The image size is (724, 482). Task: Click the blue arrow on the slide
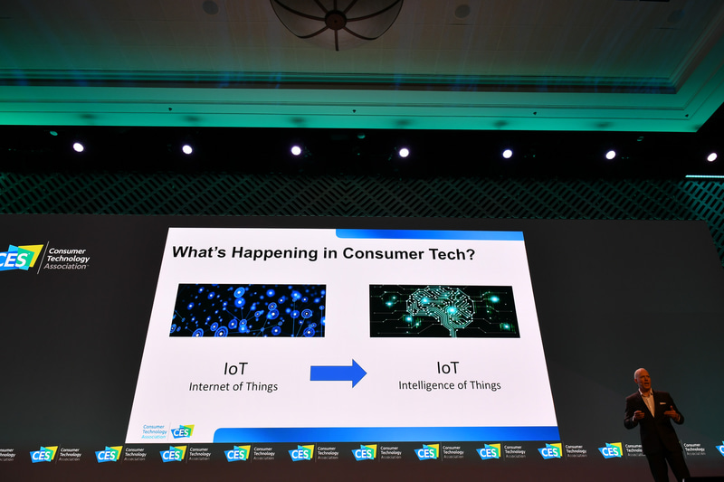click(338, 373)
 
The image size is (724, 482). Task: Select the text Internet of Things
click(234, 386)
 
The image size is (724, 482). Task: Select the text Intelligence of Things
click(449, 385)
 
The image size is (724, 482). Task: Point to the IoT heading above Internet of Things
click(235, 369)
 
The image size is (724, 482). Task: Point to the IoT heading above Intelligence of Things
click(448, 368)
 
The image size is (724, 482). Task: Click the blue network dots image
click(247, 310)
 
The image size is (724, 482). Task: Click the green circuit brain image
click(444, 311)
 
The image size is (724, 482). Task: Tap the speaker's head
click(642, 377)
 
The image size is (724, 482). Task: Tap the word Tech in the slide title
click(444, 254)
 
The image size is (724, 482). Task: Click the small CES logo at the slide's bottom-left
click(182, 430)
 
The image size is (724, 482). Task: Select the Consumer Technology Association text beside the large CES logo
click(68, 260)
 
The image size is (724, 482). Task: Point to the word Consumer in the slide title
click(383, 254)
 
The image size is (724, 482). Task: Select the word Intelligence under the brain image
click(429, 385)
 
